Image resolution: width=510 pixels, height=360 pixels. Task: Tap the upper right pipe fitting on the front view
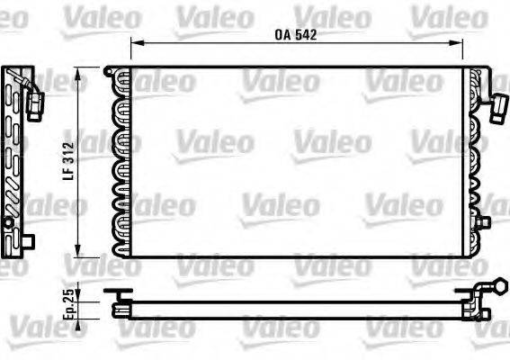[x=496, y=110]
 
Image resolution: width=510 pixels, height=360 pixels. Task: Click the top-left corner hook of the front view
[x=109, y=68]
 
